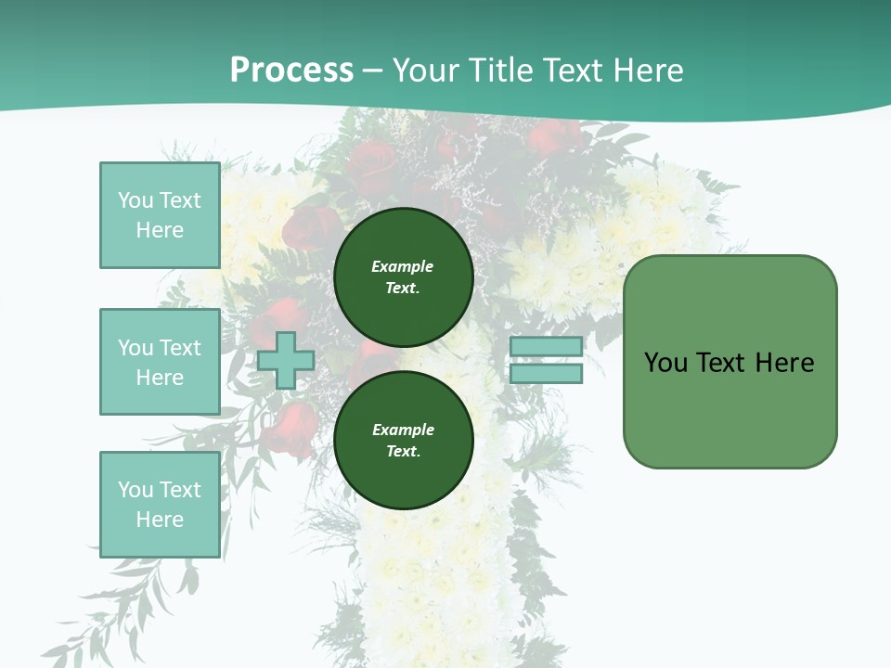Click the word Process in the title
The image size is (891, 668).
click(x=291, y=70)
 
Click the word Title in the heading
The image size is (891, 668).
click(x=500, y=70)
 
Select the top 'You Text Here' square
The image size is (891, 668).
click(x=160, y=215)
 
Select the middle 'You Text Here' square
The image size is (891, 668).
click(x=160, y=362)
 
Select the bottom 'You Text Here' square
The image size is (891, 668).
click(x=160, y=505)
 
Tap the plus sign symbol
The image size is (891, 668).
click(x=286, y=361)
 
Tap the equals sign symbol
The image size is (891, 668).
click(x=546, y=360)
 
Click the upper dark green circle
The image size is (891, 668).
click(x=404, y=276)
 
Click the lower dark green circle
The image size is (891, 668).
click(x=404, y=440)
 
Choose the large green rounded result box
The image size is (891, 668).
click(x=730, y=362)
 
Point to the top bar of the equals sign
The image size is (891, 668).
click(x=546, y=346)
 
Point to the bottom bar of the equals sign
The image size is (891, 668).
click(x=546, y=374)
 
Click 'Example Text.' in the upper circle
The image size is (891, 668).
click(x=403, y=276)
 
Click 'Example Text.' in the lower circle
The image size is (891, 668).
click(x=403, y=440)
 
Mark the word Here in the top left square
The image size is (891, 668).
click(x=160, y=230)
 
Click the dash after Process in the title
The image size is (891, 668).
click(x=372, y=71)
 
